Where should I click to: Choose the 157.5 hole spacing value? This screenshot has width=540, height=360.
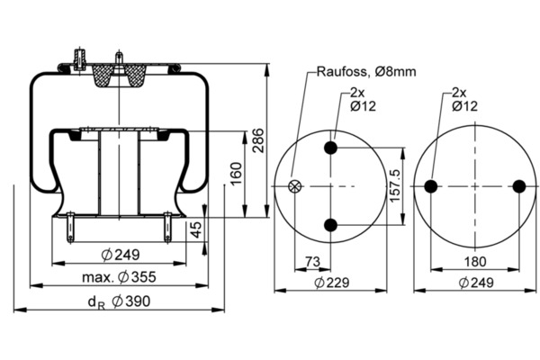(x=393, y=185)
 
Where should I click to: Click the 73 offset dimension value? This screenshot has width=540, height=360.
(x=312, y=261)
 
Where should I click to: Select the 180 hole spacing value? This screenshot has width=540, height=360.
(x=474, y=261)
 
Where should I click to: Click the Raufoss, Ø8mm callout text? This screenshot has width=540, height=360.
(x=365, y=72)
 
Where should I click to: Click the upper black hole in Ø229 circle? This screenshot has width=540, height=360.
(x=332, y=148)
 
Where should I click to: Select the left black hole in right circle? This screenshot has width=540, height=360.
(x=431, y=186)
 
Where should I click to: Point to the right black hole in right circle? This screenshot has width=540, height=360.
(x=518, y=186)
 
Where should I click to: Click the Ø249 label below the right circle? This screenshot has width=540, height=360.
(x=476, y=282)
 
